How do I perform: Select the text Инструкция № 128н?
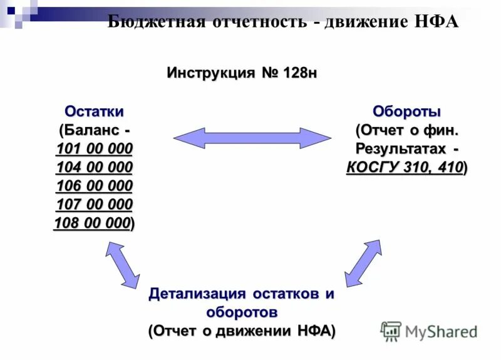click(x=242, y=73)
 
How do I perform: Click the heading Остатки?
click(x=94, y=111)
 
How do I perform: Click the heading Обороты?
click(x=407, y=111)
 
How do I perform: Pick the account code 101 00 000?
click(x=94, y=149)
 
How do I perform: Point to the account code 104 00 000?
click(x=94, y=168)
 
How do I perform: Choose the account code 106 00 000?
click(x=94, y=186)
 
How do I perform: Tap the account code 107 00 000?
click(x=94, y=205)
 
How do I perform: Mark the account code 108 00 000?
click(x=93, y=224)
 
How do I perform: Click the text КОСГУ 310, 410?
click(x=405, y=168)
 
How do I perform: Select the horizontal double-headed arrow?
click(x=251, y=138)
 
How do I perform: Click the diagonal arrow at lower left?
click(x=123, y=265)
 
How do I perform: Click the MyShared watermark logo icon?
click(x=391, y=331)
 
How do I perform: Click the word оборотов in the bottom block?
click(x=242, y=312)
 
